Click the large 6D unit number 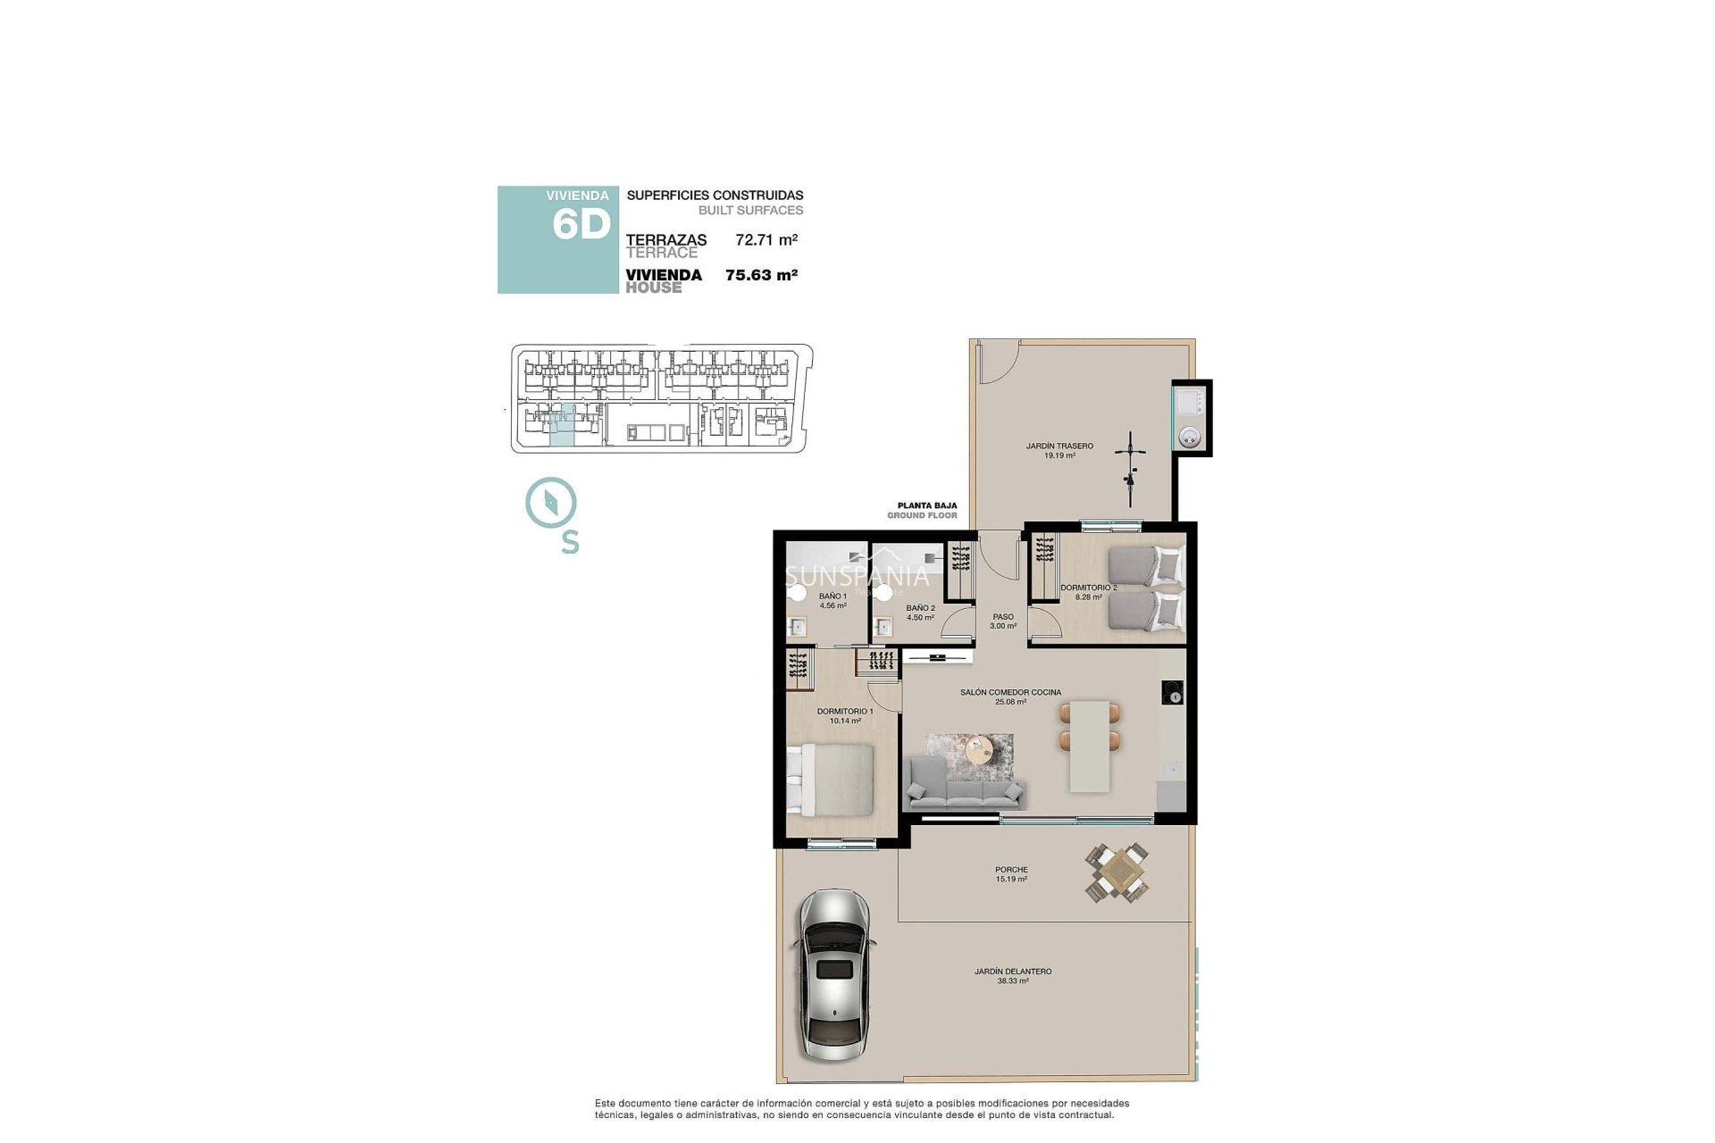pyautogui.click(x=581, y=225)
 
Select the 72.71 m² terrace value pyautogui.click(x=765, y=239)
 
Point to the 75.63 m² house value pyautogui.click(x=760, y=275)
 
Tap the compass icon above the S pyautogui.click(x=551, y=503)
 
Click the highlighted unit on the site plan pyautogui.click(x=562, y=426)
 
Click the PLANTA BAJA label pyautogui.click(x=926, y=505)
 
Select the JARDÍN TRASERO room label pyautogui.click(x=1059, y=446)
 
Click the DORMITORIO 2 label pyautogui.click(x=1088, y=588)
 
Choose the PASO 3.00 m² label pyautogui.click(x=1003, y=621)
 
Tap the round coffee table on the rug pyautogui.click(x=980, y=748)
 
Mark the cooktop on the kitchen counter pyautogui.click(x=1173, y=693)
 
